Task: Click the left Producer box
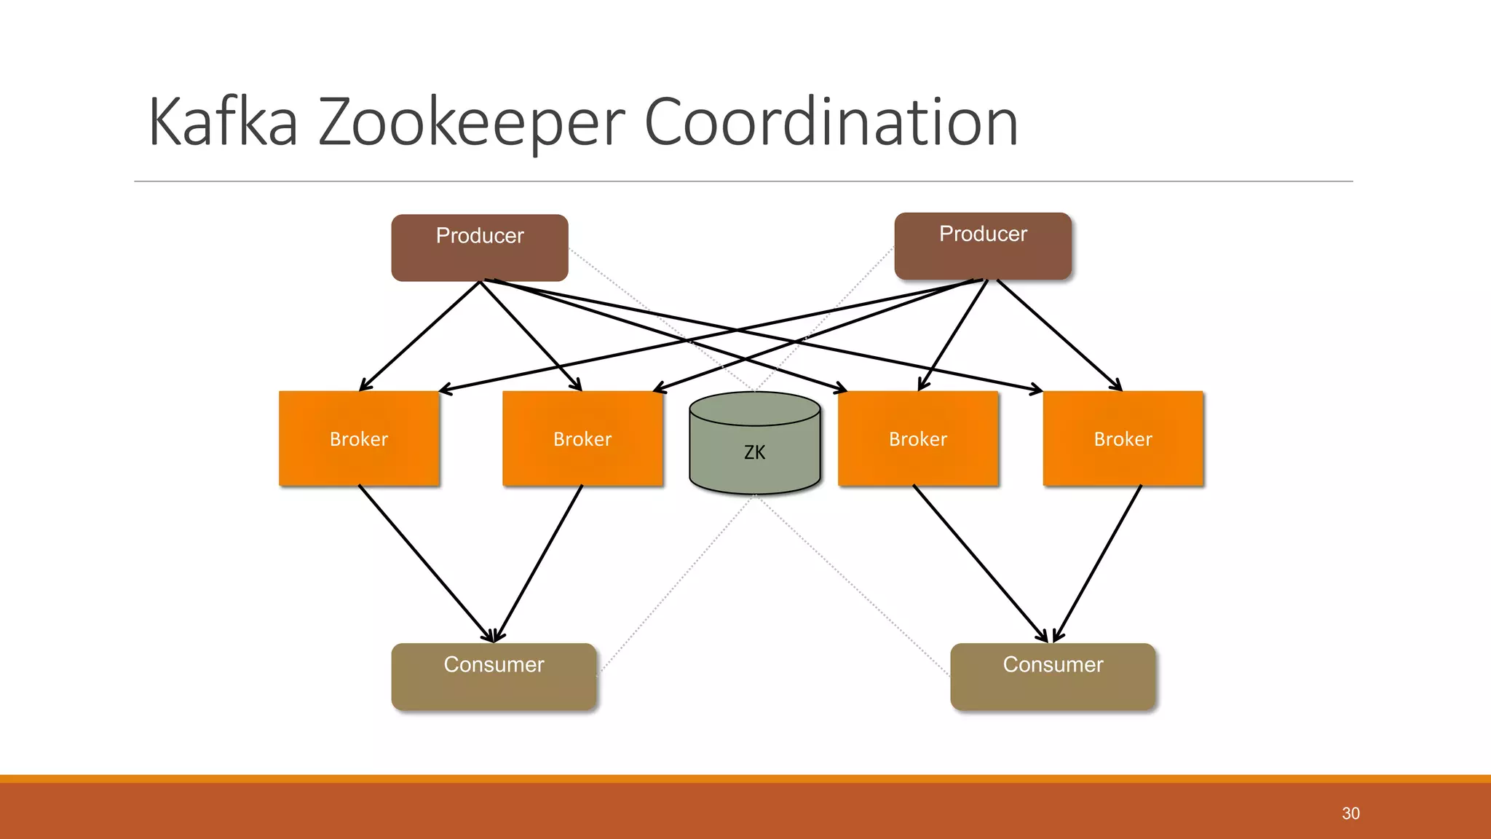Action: pyautogui.click(x=479, y=248)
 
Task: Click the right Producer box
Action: pyautogui.click(x=982, y=246)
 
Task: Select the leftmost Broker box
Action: pyautogui.click(x=359, y=438)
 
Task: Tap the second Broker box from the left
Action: pyautogui.click(x=582, y=438)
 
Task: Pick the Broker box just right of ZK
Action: pyautogui.click(x=917, y=438)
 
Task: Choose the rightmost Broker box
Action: pyautogui.click(x=1123, y=438)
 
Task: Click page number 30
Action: pyautogui.click(x=1350, y=814)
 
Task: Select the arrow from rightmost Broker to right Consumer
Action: pyautogui.click(x=1098, y=562)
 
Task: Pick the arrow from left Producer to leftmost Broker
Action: pyautogui.click(x=421, y=335)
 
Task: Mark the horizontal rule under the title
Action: pyautogui.click(x=743, y=181)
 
